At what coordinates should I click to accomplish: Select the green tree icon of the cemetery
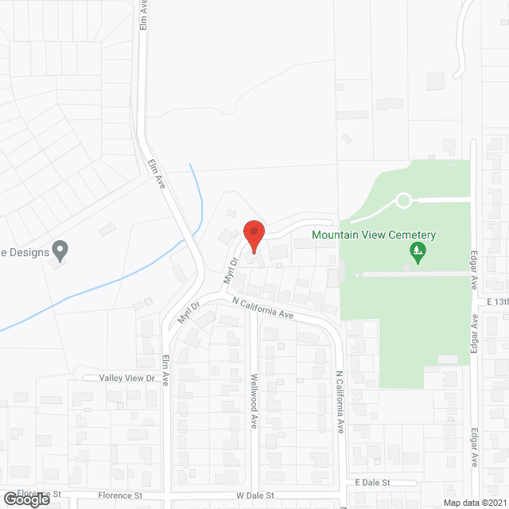[x=418, y=254]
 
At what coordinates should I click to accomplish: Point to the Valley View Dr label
[x=127, y=378]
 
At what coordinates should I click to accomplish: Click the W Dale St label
[x=254, y=495]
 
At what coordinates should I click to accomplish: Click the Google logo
[x=26, y=499]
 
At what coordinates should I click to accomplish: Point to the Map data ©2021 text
[x=474, y=503]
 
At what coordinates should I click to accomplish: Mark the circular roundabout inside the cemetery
[x=403, y=200]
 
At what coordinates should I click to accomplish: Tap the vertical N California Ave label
[x=340, y=402]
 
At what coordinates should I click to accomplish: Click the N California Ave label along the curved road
[x=263, y=308]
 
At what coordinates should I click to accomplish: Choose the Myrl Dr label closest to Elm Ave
[x=188, y=313]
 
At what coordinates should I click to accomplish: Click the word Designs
[x=27, y=253]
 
